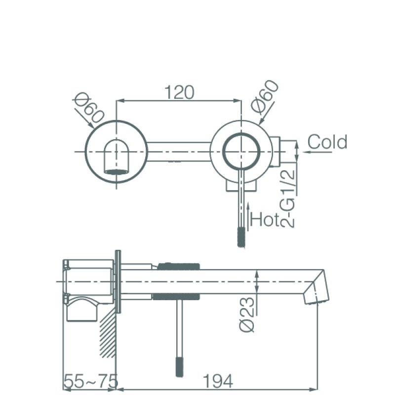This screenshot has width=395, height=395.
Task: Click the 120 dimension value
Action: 179,92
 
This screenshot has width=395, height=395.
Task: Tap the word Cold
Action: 327,142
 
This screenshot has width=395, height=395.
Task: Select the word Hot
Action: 265,219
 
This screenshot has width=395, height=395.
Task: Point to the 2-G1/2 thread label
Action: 288,198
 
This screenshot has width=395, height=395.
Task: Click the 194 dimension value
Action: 218,381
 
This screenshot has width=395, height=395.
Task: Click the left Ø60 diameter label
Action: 89,110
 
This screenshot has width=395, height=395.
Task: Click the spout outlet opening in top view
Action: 117,172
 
